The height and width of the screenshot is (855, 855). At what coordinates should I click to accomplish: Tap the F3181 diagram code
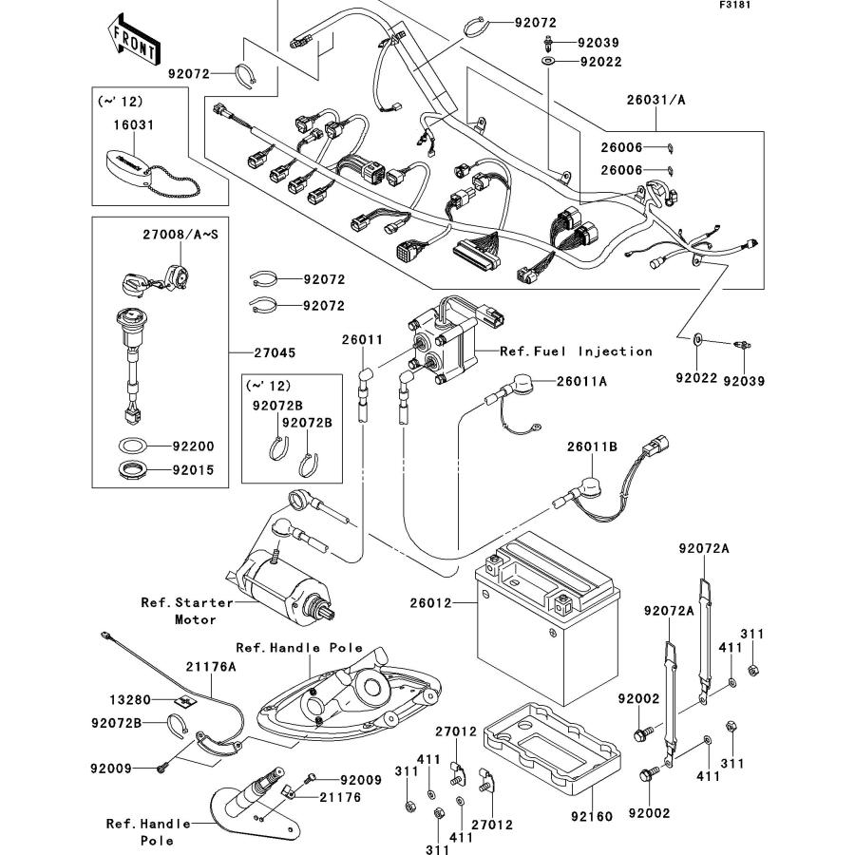(x=734, y=5)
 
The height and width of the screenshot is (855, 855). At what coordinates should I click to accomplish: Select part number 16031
(x=134, y=124)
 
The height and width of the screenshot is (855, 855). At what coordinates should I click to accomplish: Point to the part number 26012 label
(x=430, y=603)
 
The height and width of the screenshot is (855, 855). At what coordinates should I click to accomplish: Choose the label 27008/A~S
(x=180, y=235)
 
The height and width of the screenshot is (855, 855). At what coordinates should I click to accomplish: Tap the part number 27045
(x=275, y=352)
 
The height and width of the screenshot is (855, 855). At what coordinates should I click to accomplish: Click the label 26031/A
(x=655, y=100)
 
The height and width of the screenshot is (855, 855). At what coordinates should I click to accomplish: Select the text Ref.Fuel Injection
(x=577, y=351)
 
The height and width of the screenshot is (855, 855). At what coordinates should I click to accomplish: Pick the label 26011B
(x=592, y=446)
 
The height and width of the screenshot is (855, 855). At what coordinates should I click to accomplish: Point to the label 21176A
(x=211, y=666)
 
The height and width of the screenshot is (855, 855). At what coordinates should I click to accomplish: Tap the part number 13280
(x=130, y=699)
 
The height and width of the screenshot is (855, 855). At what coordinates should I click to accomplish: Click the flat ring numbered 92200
(x=132, y=446)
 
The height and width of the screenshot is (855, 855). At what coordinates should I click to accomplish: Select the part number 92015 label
(x=194, y=470)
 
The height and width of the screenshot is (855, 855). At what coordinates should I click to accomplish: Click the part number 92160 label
(x=592, y=816)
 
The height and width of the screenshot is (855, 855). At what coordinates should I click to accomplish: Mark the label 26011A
(x=581, y=381)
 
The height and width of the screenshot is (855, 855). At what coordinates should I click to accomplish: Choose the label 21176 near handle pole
(x=340, y=798)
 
